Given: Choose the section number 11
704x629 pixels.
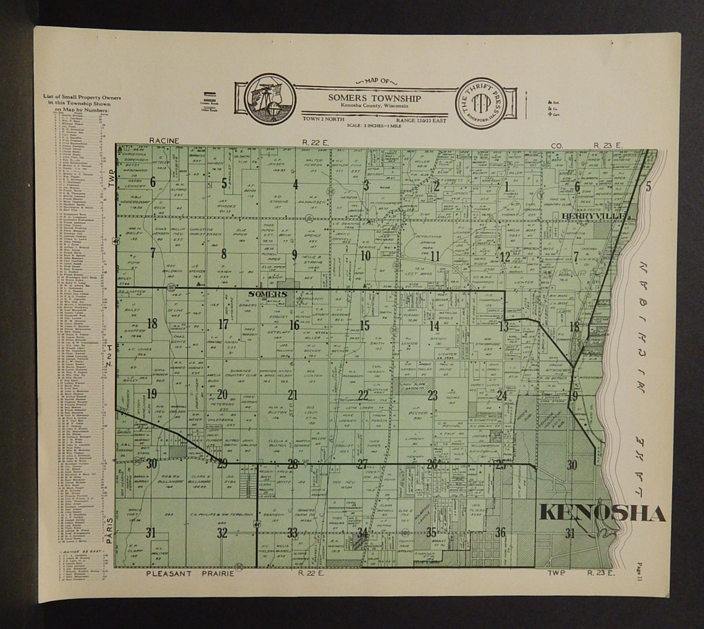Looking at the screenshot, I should (x=435, y=255).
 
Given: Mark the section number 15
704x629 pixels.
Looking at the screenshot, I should (x=364, y=327).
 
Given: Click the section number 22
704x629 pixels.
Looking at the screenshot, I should (x=364, y=395).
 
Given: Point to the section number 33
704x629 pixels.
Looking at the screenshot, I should (x=292, y=533).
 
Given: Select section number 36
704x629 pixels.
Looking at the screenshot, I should (x=500, y=533).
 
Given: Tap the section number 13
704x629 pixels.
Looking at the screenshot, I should (x=503, y=327).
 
